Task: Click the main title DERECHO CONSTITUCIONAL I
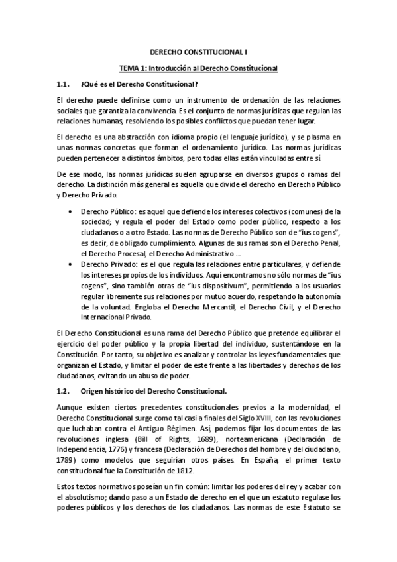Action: point(198,50)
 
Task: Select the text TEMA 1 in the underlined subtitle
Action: point(132,68)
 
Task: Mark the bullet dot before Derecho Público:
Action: point(71,211)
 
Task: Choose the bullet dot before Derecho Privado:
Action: point(71,263)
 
